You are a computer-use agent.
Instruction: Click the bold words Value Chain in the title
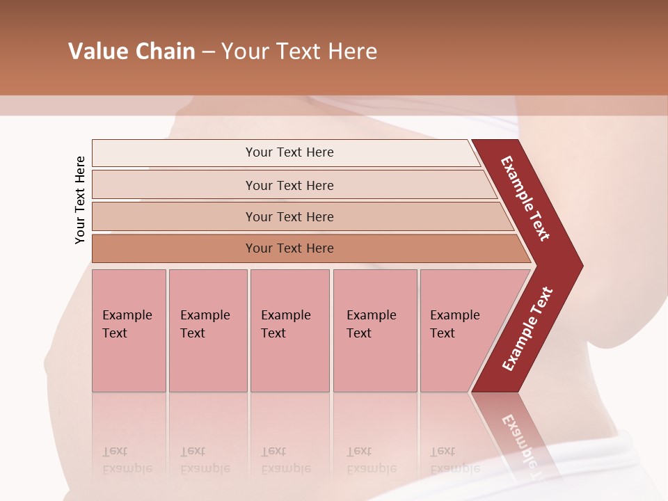pos(132,51)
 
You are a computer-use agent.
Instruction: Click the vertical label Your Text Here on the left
pos(80,200)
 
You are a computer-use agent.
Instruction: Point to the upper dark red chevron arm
pos(525,198)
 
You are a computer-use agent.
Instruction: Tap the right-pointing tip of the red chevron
pos(574,265)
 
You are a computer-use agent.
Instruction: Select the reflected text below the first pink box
pos(127,460)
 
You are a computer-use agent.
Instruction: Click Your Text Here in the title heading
pos(299,51)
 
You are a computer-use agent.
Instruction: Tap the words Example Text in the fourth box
pos(371,324)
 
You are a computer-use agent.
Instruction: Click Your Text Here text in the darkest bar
pos(289,248)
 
